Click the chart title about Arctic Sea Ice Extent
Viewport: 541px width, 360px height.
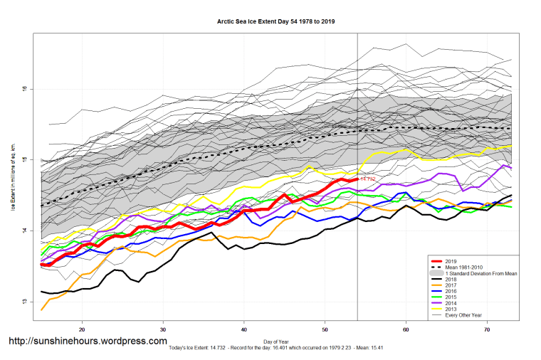pyautogui.click(x=276, y=21)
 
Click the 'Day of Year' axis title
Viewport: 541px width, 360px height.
pyautogui.click(x=276, y=342)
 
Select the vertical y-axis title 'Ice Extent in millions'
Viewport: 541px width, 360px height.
pyautogui.click(x=12, y=178)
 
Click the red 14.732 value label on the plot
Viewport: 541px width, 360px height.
pyautogui.click(x=367, y=179)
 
